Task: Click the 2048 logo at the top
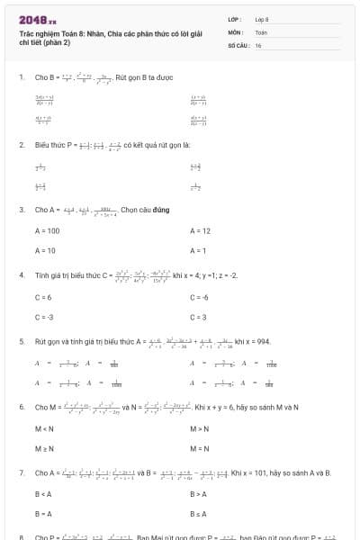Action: pyautogui.click(x=37, y=19)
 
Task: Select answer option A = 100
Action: pyautogui.click(x=47, y=231)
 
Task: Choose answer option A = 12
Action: pyautogui.click(x=200, y=231)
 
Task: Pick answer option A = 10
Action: pyautogui.click(x=45, y=250)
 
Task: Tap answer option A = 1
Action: pyautogui.click(x=198, y=250)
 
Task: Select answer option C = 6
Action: pyautogui.click(x=43, y=297)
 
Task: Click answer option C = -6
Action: pyautogui.click(x=200, y=297)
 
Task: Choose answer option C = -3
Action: pyautogui.click(x=44, y=317)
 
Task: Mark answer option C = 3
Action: pyautogui.click(x=199, y=317)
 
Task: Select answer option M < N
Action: pyautogui.click(x=44, y=428)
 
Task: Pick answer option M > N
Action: pyautogui.click(x=200, y=428)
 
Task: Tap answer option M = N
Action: pyautogui.click(x=200, y=448)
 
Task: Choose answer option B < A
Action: pyautogui.click(x=42, y=494)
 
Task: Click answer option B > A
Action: pyautogui.click(x=198, y=494)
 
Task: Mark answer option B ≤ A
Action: pyautogui.click(x=198, y=514)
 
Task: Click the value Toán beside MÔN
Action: pyautogui.click(x=261, y=31)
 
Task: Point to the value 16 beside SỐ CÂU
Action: pyautogui.click(x=258, y=45)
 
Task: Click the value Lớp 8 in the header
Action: pyautogui.click(x=262, y=19)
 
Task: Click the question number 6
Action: pyautogui.click(x=22, y=407)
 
